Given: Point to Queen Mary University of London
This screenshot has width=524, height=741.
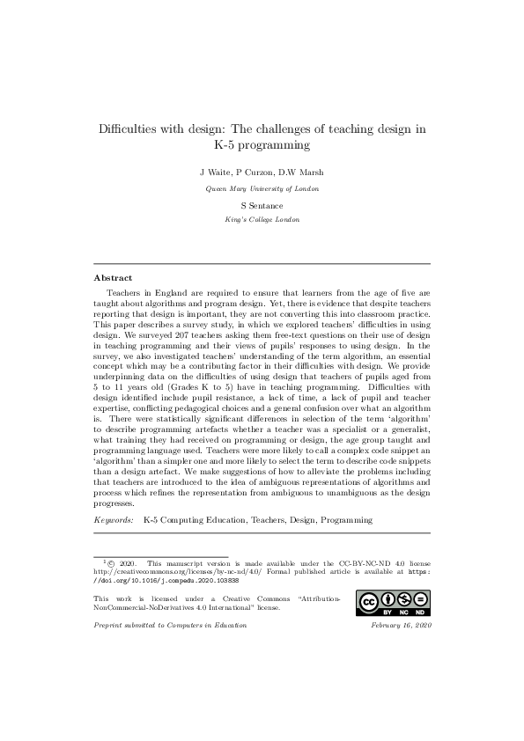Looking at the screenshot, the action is (x=262, y=187).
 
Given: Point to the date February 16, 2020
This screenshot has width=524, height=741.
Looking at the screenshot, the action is (x=402, y=624).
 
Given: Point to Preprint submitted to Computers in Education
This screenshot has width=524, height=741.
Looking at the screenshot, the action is (x=170, y=624).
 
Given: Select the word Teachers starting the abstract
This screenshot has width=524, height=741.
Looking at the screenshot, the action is (x=124, y=289).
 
